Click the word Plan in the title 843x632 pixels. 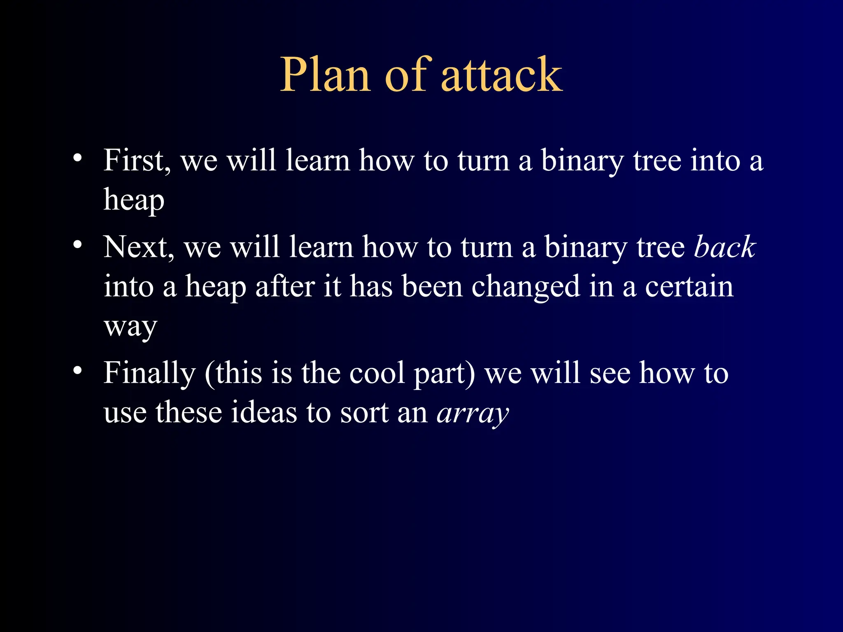325,75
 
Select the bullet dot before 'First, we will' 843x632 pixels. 77,158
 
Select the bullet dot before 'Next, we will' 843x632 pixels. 77,244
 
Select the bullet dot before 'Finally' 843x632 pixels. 77,370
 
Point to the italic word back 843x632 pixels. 725,247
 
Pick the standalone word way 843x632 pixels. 130,328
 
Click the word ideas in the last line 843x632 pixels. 263,413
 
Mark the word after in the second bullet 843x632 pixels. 285,287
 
